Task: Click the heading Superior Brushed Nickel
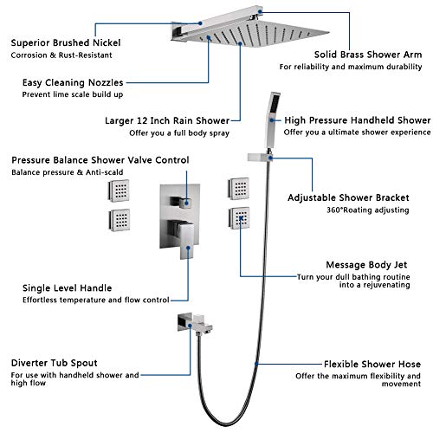pyautogui.click(x=65, y=41)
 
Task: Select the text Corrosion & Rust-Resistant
pyautogui.click(x=62, y=54)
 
